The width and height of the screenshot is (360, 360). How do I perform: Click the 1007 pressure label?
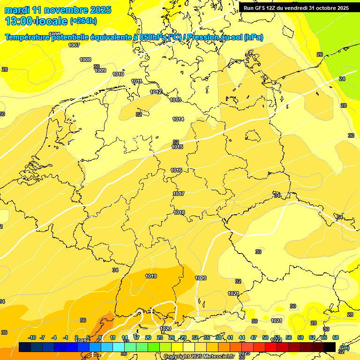[74, 45]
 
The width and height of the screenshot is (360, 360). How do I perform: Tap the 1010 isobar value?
[118, 74]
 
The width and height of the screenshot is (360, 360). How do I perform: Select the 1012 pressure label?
[156, 91]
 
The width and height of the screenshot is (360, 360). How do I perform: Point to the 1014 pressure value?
[178, 119]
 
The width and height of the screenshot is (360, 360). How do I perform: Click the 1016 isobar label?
[176, 170]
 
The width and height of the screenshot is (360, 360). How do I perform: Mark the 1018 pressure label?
[179, 212]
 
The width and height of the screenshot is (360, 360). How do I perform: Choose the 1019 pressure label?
[151, 276]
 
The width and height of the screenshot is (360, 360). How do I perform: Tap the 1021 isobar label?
[233, 293]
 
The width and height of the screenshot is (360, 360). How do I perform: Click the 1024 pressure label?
[277, 321]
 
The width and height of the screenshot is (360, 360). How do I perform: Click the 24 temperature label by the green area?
[342, 79]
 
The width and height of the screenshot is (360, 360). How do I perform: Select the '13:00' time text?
[19, 21]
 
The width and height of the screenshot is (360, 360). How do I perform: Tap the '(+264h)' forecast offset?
[83, 21]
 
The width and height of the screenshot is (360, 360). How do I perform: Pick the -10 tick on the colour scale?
[32, 337]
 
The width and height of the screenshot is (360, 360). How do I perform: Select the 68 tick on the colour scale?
[336, 337]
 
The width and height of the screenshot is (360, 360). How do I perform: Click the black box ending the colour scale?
[330, 347]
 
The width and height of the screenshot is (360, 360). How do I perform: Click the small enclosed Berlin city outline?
[253, 136]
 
